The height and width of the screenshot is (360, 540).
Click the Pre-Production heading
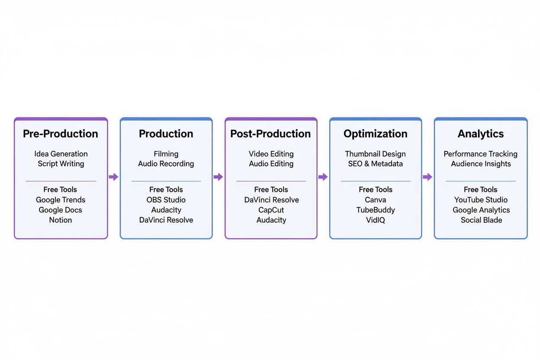(61, 134)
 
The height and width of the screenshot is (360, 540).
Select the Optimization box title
(376, 134)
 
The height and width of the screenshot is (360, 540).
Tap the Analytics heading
(481, 134)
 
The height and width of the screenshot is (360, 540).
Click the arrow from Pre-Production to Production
(113, 177)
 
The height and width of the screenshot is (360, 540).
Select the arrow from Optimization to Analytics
(427, 177)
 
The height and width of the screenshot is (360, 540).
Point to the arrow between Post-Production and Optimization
(323, 177)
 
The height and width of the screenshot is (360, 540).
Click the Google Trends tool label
(61, 200)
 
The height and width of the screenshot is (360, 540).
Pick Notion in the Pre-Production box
(61, 220)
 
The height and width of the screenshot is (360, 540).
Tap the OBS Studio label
(166, 200)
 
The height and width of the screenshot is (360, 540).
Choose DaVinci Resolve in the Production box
(166, 220)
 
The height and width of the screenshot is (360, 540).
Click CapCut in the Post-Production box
(271, 210)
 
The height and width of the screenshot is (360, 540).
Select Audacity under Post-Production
(271, 220)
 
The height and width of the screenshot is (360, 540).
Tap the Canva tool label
(376, 200)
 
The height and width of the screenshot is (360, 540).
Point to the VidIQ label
(376, 220)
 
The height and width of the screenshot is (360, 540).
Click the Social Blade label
(481, 220)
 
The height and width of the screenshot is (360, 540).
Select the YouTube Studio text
(481, 200)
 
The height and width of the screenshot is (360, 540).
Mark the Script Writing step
(61, 164)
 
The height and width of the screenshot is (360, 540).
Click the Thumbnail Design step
(376, 154)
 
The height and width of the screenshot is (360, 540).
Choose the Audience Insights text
(481, 164)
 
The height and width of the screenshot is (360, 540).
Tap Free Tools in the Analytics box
(480, 190)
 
